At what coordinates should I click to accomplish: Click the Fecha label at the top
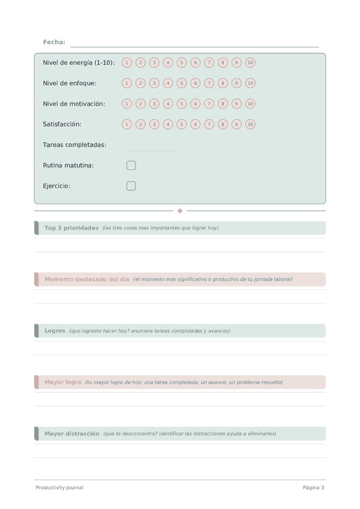coord(54,42)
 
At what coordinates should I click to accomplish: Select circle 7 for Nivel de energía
coord(209,62)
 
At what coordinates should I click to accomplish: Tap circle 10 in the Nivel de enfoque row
coord(250,83)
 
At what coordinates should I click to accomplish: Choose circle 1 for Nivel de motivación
coord(127,104)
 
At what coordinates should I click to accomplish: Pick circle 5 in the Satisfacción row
coord(182,124)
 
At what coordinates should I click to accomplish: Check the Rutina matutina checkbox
coord(131,165)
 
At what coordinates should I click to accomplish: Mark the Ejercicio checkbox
coord(131,186)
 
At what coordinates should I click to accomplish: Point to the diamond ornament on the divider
coord(180,211)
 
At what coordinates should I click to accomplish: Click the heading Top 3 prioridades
coord(71,228)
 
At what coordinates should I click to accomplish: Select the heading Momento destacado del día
coord(86,279)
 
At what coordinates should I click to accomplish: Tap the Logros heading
coord(55,331)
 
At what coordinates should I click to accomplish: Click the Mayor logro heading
coord(63,382)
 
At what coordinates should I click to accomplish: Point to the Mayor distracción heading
coord(71,433)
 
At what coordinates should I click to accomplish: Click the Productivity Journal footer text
coord(59,487)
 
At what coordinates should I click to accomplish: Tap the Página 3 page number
coord(313,487)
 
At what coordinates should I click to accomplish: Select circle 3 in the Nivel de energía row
coord(154,62)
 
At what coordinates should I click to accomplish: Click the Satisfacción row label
coord(62,124)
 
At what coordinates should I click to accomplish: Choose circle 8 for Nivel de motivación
coord(223,104)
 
